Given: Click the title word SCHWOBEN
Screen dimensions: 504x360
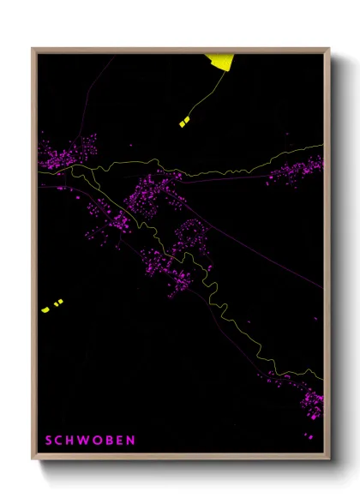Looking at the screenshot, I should [x=90, y=441].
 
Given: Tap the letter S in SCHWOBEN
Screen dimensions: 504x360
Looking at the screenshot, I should [x=49, y=441].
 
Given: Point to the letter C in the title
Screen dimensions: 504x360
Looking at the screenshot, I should [x=60, y=441].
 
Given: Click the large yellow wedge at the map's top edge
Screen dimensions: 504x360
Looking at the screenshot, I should [x=219, y=61].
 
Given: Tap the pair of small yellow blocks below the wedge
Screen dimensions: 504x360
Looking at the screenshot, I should [x=185, y=123].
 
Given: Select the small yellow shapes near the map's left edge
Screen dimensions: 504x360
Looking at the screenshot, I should [x=52, y=305].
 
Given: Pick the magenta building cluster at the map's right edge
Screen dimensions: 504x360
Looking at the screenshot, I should [x=298, y=167].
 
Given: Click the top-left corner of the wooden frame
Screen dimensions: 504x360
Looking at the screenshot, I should [x=33, y=49].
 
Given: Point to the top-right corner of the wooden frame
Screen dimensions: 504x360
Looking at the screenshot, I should [x=329, y=49].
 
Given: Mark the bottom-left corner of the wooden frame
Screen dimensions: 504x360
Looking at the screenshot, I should [x=33, y=459].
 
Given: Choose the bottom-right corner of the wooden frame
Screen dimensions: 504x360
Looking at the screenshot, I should [x=329, y=459].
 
